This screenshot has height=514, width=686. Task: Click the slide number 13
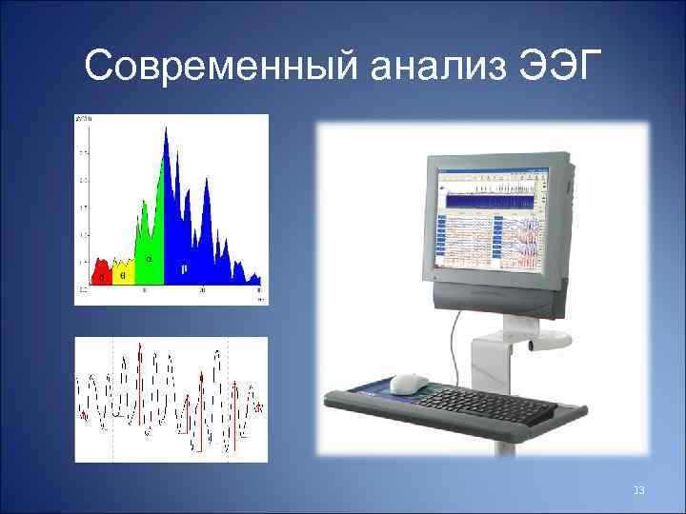tap(638, 489)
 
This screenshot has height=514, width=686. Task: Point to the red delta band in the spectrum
tap(101, 275)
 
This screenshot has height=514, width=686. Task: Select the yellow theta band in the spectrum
tap(124, 273)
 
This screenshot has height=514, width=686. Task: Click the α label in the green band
tap(149, 258)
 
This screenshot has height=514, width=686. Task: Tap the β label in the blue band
tap(184, 269)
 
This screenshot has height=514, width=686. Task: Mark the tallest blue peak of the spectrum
tap(167, 130)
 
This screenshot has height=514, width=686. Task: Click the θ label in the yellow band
tap(123, 275)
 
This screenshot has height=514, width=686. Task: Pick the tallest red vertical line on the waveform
tap(139, 381)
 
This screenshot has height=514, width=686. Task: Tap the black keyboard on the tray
tap(485, 405)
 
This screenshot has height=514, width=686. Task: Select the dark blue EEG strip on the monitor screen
tap(491, 202)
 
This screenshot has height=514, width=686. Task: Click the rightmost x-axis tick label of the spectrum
tap(258, 290)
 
